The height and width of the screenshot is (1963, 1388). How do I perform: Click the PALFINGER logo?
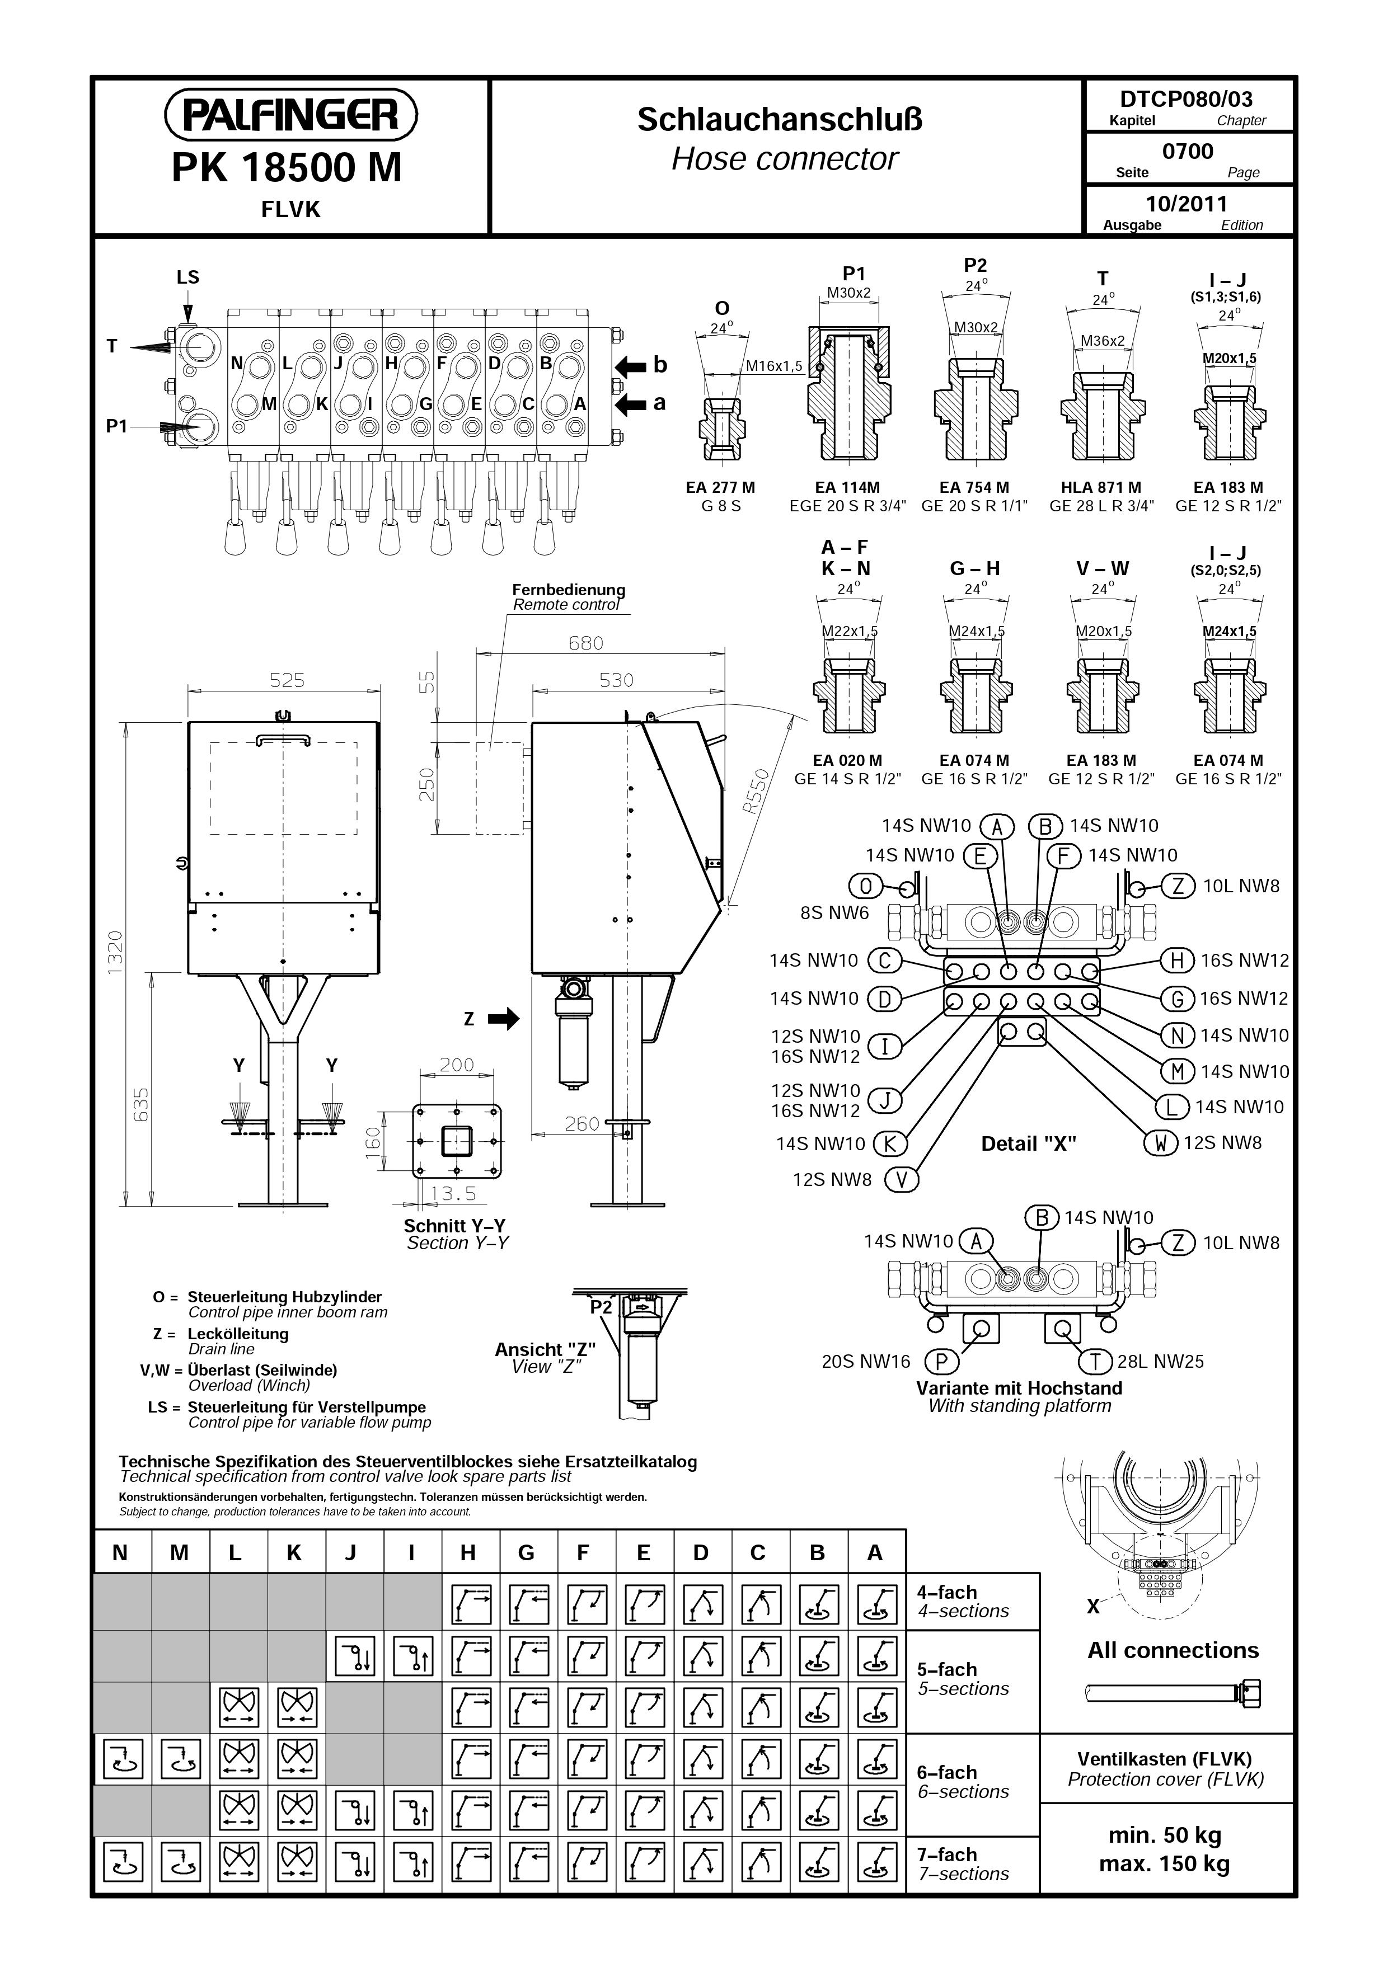[291, 115]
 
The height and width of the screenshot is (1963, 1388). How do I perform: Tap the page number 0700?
[1188, 152]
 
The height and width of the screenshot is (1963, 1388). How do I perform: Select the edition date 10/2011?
[1187, 204]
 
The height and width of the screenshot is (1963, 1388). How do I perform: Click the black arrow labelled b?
[630, 366]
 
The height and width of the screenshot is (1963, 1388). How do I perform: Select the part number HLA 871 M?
[1101, 487]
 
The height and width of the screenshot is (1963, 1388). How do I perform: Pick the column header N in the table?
[120, 1552]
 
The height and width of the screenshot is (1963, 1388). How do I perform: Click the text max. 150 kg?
[1164, 1864]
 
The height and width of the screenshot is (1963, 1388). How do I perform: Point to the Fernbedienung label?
[569, 590]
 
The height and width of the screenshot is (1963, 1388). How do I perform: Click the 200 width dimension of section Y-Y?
[457, 1065]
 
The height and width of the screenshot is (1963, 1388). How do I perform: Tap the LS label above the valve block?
[187, 277]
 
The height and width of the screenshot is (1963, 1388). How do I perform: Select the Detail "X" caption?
[1028, 1144]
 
